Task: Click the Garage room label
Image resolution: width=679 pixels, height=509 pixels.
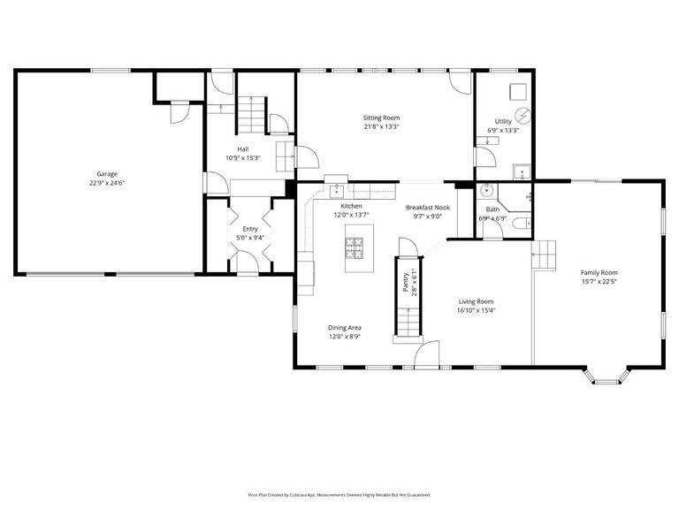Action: coord(107,174)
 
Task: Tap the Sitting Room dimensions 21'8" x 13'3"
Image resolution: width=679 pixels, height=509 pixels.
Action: coord(381,126)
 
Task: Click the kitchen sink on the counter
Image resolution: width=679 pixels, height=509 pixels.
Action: coord(340,187)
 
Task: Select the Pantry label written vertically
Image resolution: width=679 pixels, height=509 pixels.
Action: coord(405,282)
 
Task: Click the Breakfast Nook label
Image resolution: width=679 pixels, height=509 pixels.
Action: coord(428,208)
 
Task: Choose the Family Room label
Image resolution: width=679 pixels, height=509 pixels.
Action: coord(599,273)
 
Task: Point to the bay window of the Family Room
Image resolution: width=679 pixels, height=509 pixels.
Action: coord(606,378)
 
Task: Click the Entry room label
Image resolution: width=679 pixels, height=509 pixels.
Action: coord(250,229)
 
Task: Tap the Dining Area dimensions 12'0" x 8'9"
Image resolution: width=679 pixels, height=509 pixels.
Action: coord(346,337)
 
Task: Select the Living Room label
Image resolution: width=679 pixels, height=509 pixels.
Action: coord(476,301)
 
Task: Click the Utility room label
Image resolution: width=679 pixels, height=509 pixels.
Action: coord(503,121)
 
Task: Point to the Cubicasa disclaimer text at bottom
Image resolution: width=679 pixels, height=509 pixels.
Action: coord(339,495)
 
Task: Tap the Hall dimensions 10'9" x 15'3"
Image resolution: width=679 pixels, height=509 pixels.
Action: coord(242,158)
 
